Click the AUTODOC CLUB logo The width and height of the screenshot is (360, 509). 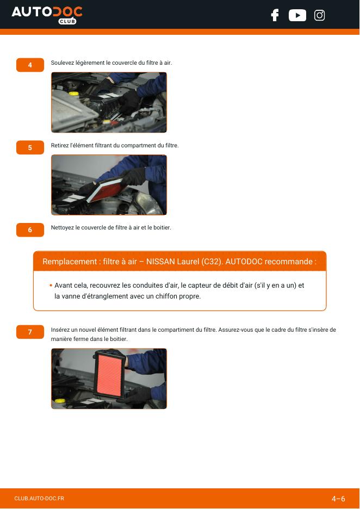[x=47, y=15]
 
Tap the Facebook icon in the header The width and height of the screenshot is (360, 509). [x=275, y=15]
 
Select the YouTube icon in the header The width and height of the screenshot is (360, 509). [x=297, y=15]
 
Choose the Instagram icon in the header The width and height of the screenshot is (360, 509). [x=319, y=15]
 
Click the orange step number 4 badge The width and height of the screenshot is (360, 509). [x=30, y=65]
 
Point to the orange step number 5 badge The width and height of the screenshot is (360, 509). [x=30, y=147]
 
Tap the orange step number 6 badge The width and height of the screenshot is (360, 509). [x=30, y=230]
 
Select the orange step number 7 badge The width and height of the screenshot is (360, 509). [x=30, y=332]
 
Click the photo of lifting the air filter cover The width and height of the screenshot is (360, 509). [x=109, y=102]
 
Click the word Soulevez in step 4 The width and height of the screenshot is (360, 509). [x=63, y=63]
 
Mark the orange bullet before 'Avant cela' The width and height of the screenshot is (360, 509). [x=51, y=285]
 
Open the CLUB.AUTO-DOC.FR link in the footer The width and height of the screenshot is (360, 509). [x=39, y=498]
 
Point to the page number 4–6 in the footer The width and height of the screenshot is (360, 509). [x=338, y=499]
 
